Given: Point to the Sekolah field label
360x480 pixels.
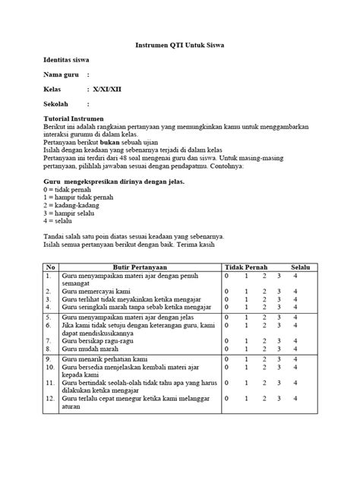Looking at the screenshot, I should tap(57, 104).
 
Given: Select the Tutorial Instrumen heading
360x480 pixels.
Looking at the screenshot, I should tap(73, 119).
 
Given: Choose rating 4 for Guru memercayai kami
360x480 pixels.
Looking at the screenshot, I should tap(295, 292).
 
